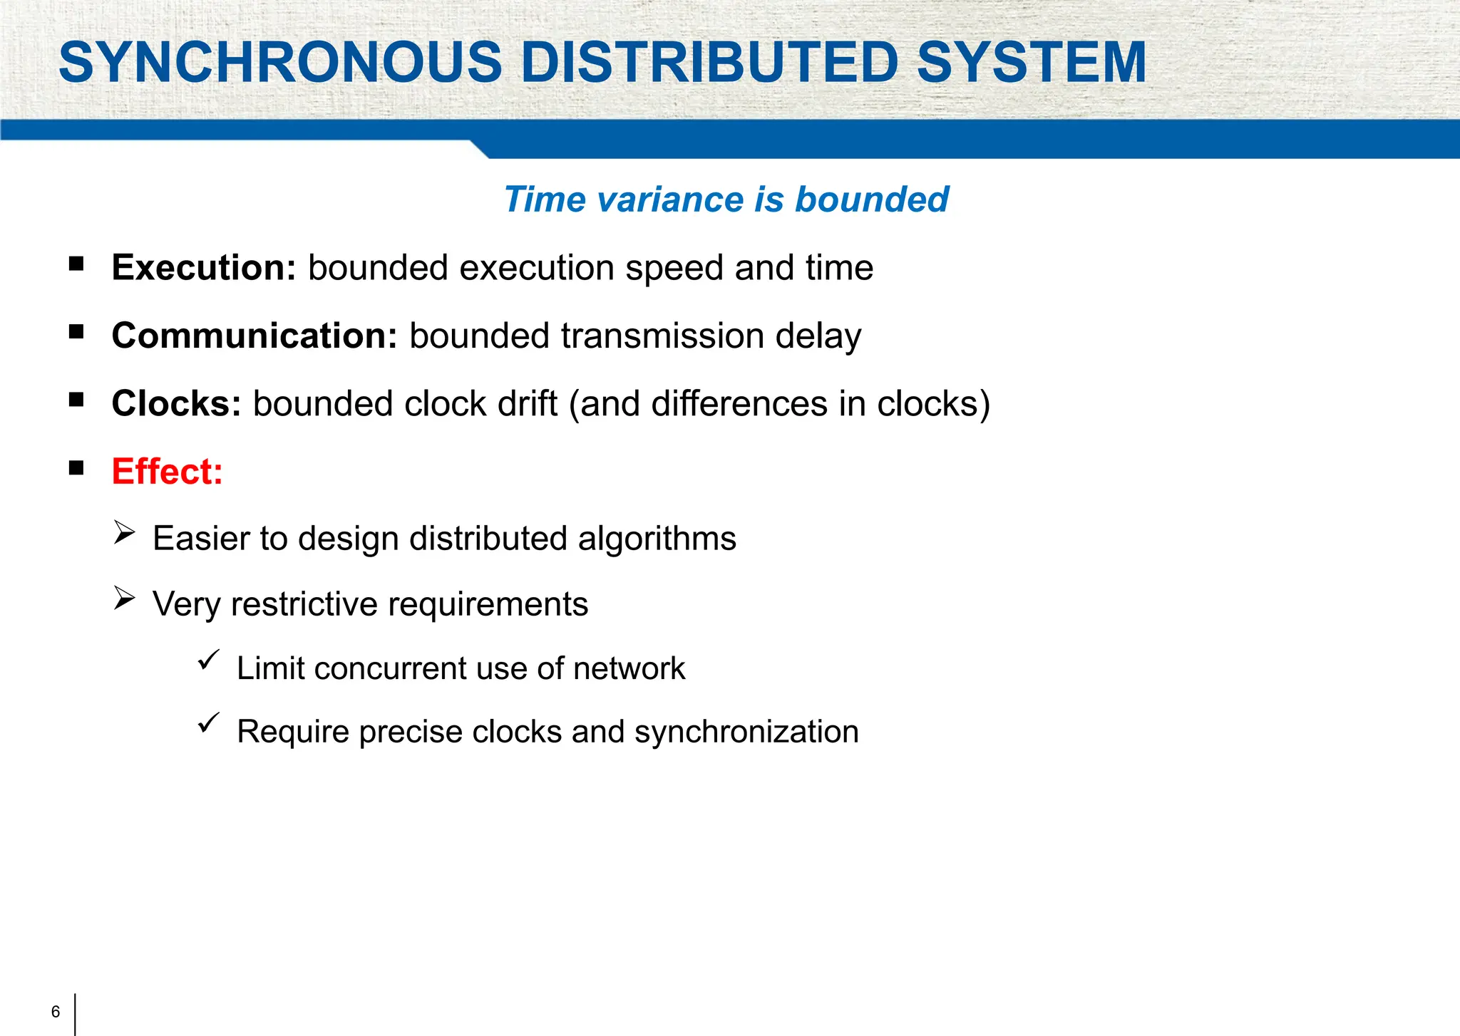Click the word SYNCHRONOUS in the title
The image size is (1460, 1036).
(281, 63)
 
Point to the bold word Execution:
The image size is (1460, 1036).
(204, 268)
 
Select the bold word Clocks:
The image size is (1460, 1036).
(176, 404)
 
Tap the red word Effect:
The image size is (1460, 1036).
(168, 472)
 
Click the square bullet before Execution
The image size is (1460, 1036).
(76, 264)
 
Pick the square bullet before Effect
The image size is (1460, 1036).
(76, 468)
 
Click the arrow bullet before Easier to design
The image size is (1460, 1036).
(124, 532)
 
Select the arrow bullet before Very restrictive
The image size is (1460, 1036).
(124, 599)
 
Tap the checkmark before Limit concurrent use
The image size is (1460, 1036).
(208, 660)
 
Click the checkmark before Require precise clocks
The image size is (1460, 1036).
(208, 723)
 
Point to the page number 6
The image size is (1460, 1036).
(56, 1012)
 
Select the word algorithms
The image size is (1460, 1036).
(657, 539)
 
